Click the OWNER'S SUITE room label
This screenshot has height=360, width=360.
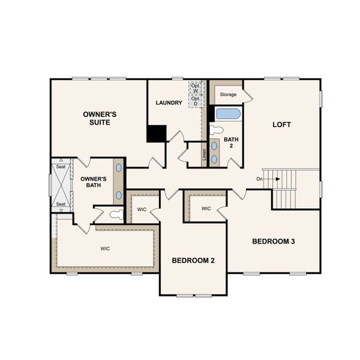pos(99,118)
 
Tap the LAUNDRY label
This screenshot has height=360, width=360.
pos(169,103)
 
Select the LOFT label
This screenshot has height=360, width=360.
pos(281,125)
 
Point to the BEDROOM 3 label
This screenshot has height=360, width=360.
pos(273,241)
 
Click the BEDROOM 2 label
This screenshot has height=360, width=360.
pos(193,260)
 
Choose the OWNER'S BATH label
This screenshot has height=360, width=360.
pos(94,182)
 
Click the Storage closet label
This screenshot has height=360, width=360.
pos(228,95)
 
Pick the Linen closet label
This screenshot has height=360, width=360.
pos(204,155)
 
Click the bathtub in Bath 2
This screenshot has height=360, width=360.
pos(228,113)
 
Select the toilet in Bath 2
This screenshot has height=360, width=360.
pos(217,129)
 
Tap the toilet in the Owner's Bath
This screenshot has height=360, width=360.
pos(115,214)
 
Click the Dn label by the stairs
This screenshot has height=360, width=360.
pos(259,179)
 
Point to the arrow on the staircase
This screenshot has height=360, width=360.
pos(277,179)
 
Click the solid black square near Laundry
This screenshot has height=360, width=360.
pos(157,133)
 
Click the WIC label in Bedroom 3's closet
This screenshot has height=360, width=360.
pos(206,209)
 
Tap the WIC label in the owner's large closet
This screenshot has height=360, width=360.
pos(106,248)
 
